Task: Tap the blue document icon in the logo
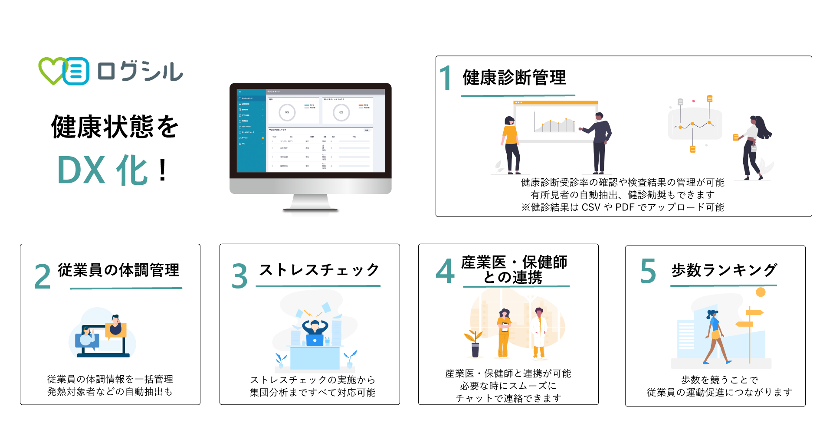click(x=76, y=71)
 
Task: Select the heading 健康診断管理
click(x=514, y=78)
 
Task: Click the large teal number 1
click(x=446, y=78)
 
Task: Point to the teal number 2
click(x=43, y=276)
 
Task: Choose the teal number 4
click(x=445, y=271)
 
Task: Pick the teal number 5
click(x=648, y=271)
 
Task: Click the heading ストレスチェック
click(x=319, y=270)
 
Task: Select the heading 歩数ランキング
click(x=724, y=270)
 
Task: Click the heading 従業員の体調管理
click(x=118, y=270)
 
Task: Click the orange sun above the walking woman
click(x=760, y=292)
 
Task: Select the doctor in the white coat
click(x=539, y=332)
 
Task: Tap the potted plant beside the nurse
click(x=474, y=344)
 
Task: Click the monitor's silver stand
click(x=310, y=202)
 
